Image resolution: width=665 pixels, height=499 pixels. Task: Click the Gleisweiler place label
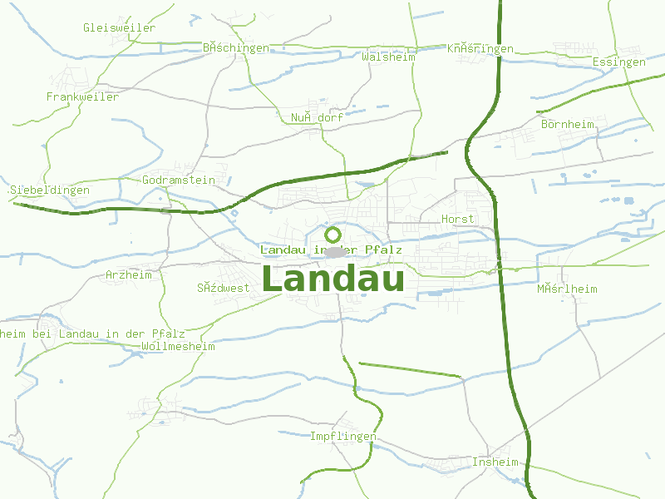119,27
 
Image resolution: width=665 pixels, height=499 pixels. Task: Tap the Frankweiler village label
82,96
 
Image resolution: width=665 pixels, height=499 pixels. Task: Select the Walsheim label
388,57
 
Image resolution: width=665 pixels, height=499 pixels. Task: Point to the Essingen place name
619,62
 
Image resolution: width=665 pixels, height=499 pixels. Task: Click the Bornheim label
568,124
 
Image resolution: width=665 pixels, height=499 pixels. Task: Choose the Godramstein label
179,180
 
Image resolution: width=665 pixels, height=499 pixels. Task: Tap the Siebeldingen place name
49,190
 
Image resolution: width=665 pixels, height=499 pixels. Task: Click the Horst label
457,219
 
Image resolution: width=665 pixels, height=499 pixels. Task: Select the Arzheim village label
129,274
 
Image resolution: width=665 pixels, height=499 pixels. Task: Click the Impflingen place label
343,437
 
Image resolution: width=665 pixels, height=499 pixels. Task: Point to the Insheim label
495,462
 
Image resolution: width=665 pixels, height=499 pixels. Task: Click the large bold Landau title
333,279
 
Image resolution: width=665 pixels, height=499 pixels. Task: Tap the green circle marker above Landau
332,235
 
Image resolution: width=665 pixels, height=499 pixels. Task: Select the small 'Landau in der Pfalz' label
331,249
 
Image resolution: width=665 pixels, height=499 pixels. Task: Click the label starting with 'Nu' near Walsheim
317,117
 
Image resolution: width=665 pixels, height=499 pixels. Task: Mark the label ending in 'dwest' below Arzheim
223,288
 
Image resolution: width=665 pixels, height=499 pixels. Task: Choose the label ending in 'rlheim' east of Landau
567,289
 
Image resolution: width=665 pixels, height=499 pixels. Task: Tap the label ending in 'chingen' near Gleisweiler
236,47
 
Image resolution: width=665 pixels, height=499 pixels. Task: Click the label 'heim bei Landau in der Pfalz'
92,333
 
